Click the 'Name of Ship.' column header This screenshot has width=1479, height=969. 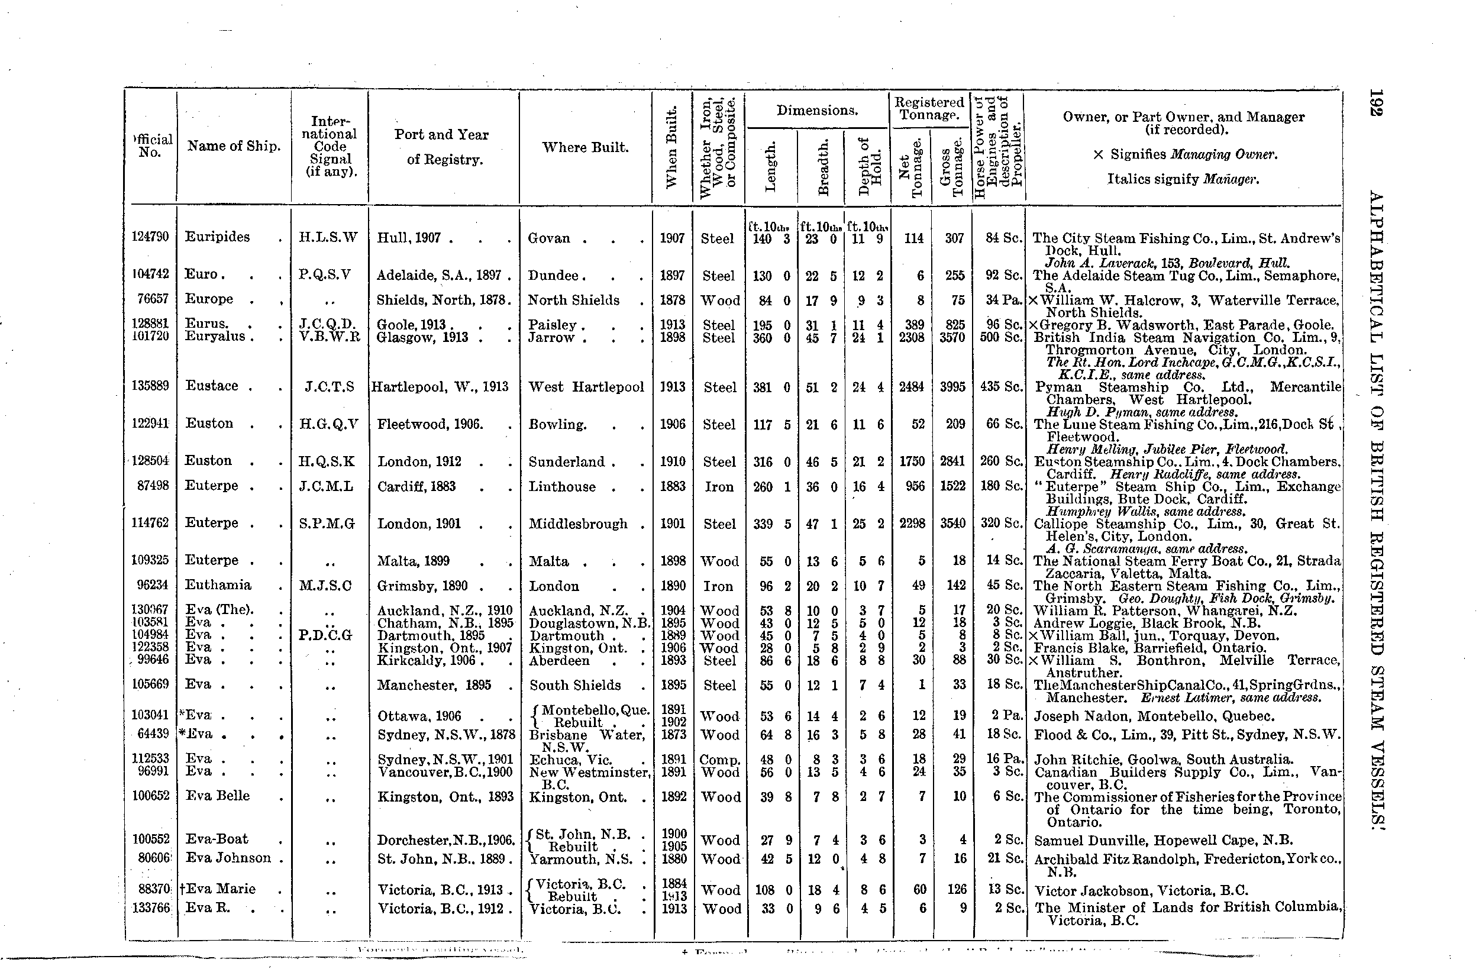click(x=234, y=146)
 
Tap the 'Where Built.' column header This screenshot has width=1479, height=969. click(x=585, y=147)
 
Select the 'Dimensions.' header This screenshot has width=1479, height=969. click(x=816, y=111)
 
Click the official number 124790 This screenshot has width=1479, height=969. click(x=150, y=237)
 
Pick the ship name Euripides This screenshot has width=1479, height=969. click(x=217, y=237)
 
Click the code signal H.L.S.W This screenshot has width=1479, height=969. click(x=329, y=237)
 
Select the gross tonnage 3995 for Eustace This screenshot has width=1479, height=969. click(x=952, y=387)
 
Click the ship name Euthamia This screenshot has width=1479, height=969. click(x=218, y=585)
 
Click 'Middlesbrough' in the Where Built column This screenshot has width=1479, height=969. click(x=578, y=524)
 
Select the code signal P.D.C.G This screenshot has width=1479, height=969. click(x=325, y=635)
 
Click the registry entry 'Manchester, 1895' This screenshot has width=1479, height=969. click(x=434, y=685)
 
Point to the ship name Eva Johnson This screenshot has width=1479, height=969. click(x=229, y=858)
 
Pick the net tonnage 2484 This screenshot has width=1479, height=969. click(x=912, y=387)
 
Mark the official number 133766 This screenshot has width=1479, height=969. click(x=151, y=908)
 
